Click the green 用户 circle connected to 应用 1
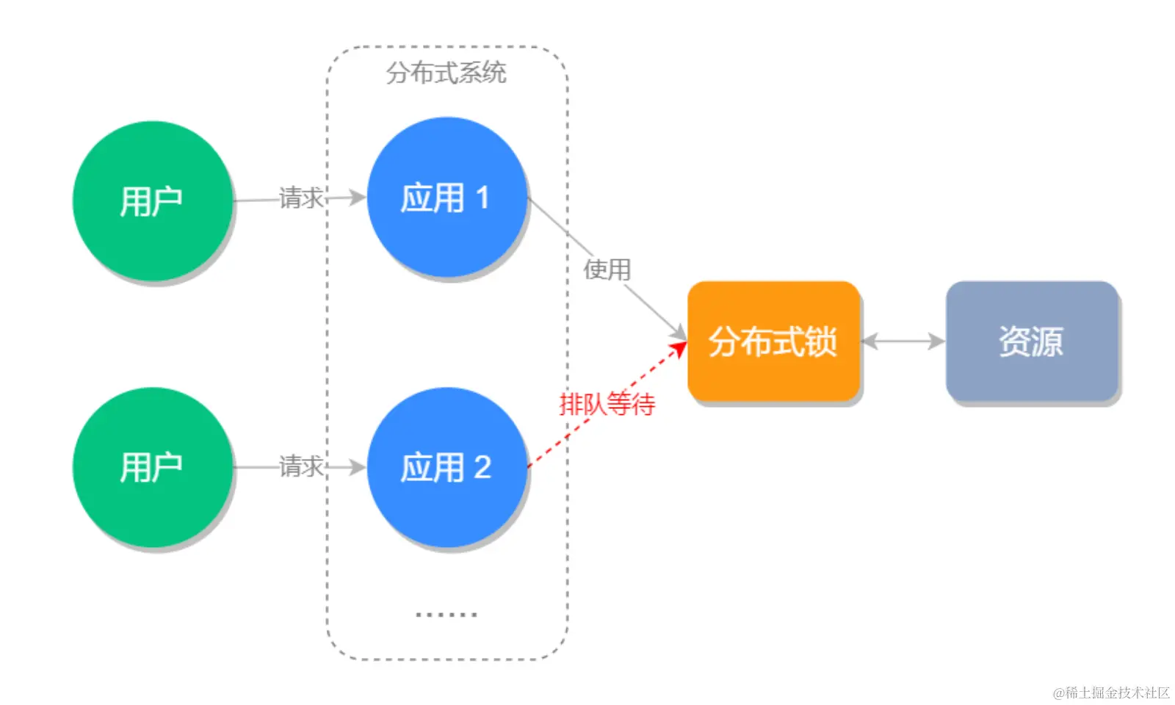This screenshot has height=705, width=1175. coord(152,200)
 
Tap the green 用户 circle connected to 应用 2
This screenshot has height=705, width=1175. coord(152,467)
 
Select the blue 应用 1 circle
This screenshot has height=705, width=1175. coord(446,197)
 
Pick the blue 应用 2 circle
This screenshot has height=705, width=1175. coord(446,467)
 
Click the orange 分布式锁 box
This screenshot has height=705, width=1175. coord(773,341)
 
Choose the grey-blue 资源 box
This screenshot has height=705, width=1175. coord(1031,341)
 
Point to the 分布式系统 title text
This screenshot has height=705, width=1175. coord(446,73)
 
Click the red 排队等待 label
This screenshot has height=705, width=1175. coord(607,404)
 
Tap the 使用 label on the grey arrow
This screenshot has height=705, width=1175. coord(607,270)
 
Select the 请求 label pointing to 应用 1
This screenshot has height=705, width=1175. coord(301,198)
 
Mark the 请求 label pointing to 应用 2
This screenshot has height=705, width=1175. coord(301,466)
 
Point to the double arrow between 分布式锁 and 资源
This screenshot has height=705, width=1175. coord(903,341)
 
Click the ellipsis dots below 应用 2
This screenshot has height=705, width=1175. coord(446,614)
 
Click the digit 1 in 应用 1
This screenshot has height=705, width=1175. coord(482,198)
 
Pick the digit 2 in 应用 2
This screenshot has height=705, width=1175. coord(482,468)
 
